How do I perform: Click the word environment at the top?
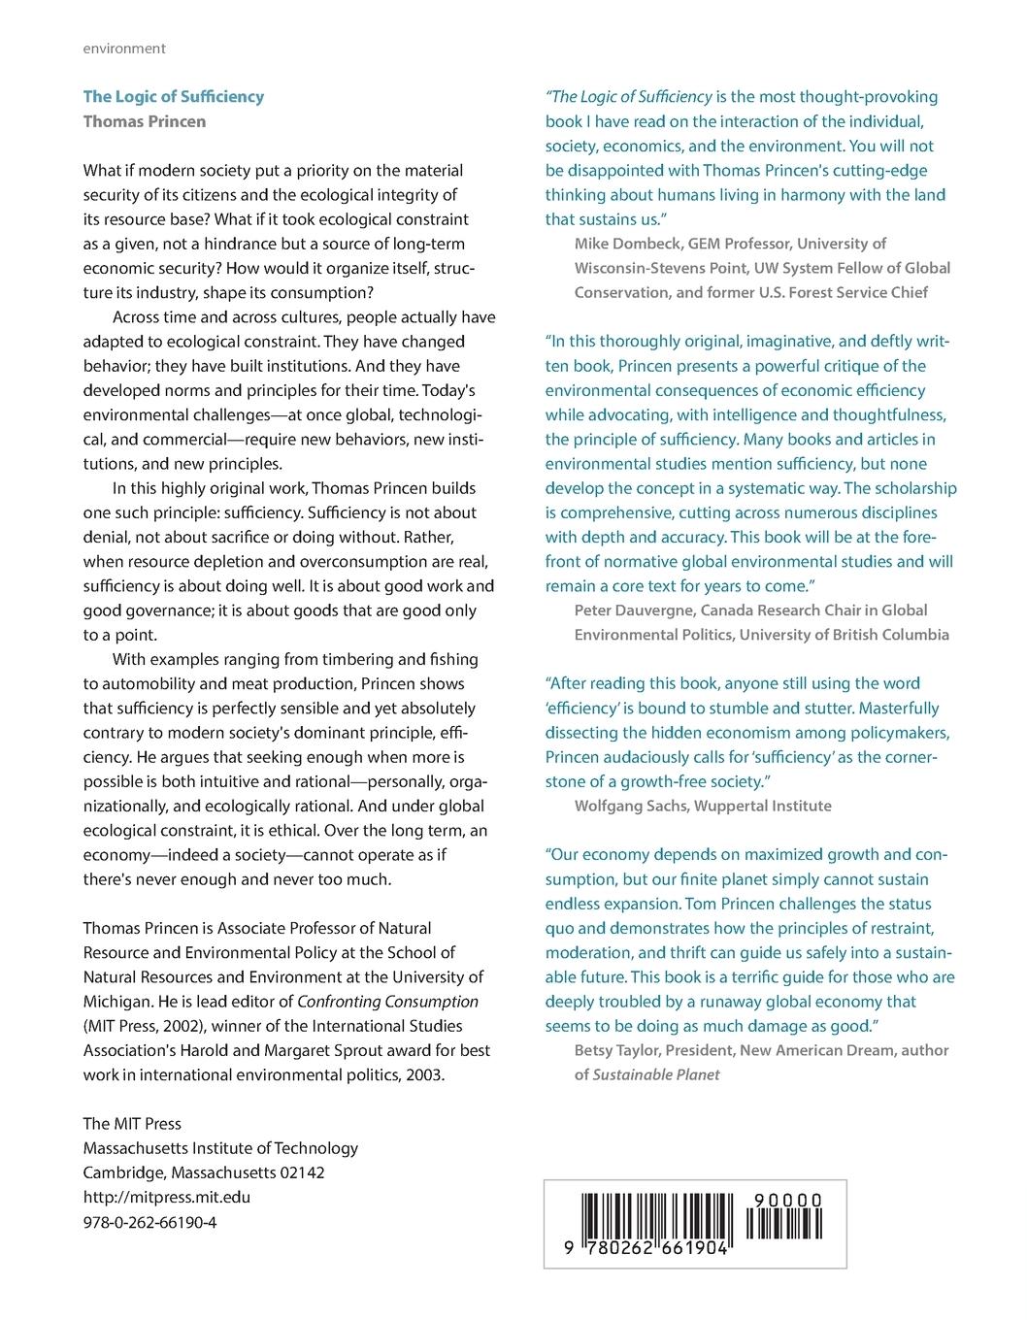point(124,49)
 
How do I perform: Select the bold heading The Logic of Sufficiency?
point(173,96)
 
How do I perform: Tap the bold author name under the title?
point(145,121)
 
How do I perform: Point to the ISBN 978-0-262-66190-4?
point(149,1222)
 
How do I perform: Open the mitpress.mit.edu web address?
point(166,1197)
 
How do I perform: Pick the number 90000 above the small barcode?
point(787,1201)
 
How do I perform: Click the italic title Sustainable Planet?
point(656,1074)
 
